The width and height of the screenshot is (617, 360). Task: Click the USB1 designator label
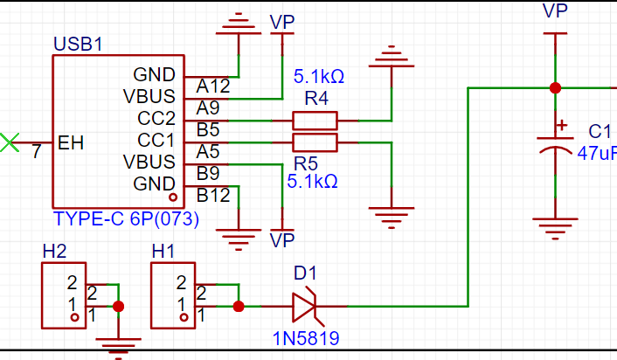[x=78, y=44]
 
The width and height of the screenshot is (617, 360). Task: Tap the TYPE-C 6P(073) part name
[x=126, y=218]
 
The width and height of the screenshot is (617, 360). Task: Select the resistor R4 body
[x=315, y=121]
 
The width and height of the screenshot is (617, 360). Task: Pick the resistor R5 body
[x=315, y=142]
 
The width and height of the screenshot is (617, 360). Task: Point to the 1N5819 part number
[x=306, y=338]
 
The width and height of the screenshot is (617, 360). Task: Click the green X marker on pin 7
[x=10, y=142]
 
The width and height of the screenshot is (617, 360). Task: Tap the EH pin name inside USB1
[x=71, y=142]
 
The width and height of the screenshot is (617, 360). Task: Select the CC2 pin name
[x=156, y=118]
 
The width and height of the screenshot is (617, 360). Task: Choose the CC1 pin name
[x=156, y=140]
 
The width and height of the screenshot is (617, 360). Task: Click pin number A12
[x=213, y=87]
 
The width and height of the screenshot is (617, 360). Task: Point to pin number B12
[x=213, y=195]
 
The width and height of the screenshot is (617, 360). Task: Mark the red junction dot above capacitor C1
[x=555, y=88]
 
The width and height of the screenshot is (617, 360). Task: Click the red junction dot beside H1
[x=239, y=306]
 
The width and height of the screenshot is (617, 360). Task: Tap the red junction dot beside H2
[x=119, y=306]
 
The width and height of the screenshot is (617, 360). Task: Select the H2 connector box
[x=64, y=295]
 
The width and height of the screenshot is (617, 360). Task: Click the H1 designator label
[x=163, y=252]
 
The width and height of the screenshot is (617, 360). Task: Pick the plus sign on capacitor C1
[x=562, y=126]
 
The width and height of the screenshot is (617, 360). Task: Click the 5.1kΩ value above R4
[x=319, y=76]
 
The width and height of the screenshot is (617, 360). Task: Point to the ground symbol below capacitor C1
[x=555, y=228]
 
